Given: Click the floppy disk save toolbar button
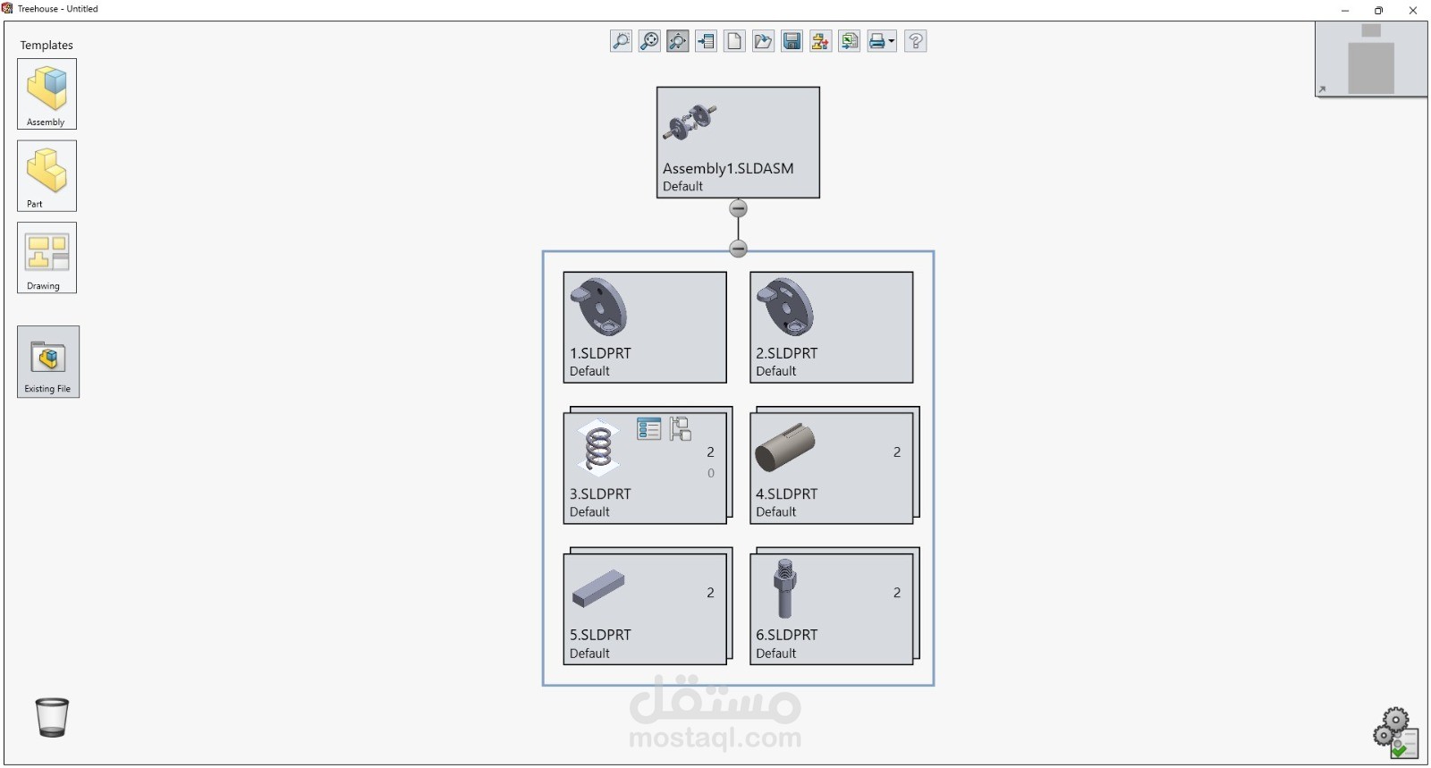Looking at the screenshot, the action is coord(792,41).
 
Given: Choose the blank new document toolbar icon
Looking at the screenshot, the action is coord(734,41).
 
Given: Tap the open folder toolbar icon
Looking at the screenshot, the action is coord(763,41).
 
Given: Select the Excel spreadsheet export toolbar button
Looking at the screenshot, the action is coord(849,41).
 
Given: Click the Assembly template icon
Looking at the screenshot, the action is coord(47,94).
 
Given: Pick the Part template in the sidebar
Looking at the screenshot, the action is coord(47,175).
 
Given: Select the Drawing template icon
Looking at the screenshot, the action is coord(47,257).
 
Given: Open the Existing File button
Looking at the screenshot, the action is coord(48,361).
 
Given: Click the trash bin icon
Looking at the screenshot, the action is coord(52,717).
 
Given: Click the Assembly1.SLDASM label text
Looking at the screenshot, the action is coord(728,169).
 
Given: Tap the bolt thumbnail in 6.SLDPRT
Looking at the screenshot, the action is coord(784,588).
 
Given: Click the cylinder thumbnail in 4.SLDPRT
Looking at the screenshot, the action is coord(784,448).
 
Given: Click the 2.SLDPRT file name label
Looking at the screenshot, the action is coord(786,353).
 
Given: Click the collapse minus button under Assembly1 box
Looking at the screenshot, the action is coord(738,208).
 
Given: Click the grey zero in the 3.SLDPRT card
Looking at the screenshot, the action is coord(710,473).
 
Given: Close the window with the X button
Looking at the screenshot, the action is coord(1412,10).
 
